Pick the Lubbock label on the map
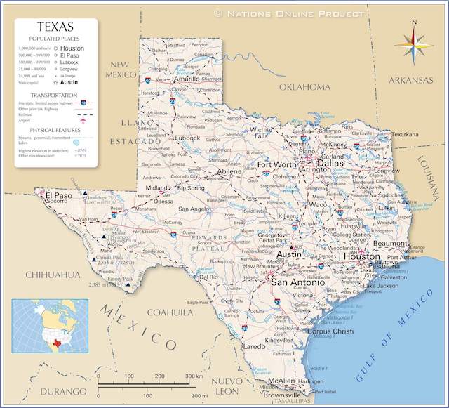tap(187, 138)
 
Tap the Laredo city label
tap(254, 346)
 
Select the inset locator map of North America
tap(50, 325)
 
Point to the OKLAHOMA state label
tap(304, 87)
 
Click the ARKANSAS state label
tap(410, 81)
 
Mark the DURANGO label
tap(63, 391)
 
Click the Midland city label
tap(156, 188)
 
